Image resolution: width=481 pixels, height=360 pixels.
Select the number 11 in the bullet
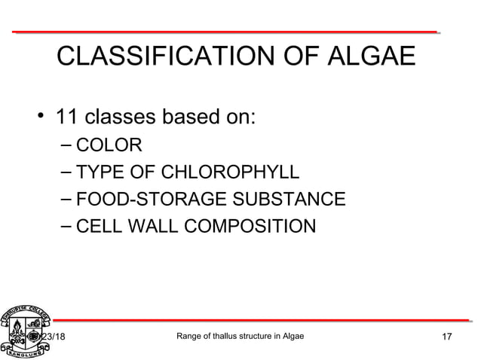[x=70, y=118]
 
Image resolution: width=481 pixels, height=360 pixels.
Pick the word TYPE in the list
[x=101, y=172]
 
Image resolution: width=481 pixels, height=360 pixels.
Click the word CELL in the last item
[x=100, y=226]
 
